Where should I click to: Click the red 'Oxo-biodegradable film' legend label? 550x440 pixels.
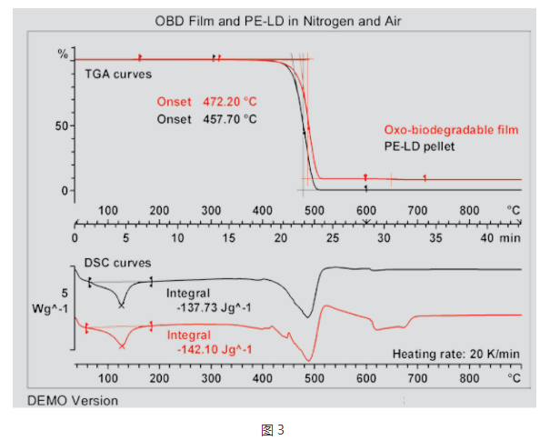pyautogui.click(x=451, y=130)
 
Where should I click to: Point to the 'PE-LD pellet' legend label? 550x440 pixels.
pyautogui.click(x=419, y=145)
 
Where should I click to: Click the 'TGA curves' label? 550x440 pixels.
pyautogui.click(x=118, y=73)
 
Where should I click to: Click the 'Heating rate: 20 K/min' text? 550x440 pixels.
pyautogui.click(x=456, y=353)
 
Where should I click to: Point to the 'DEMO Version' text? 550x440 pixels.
pyautogui.click(x=73, y=400)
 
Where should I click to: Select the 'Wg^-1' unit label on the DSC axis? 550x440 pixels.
pyautogui.click(x=51, y=309)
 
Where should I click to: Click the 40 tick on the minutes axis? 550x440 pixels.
pyautogui.click(x=486, y=238)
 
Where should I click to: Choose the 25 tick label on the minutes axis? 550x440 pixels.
pyautogui.click(x=332, y=238)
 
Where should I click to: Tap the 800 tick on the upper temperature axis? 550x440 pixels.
pyautogui.click(x=469, y=211)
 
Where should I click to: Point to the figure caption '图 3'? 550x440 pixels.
pyautogui.click(x=274, y=427)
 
